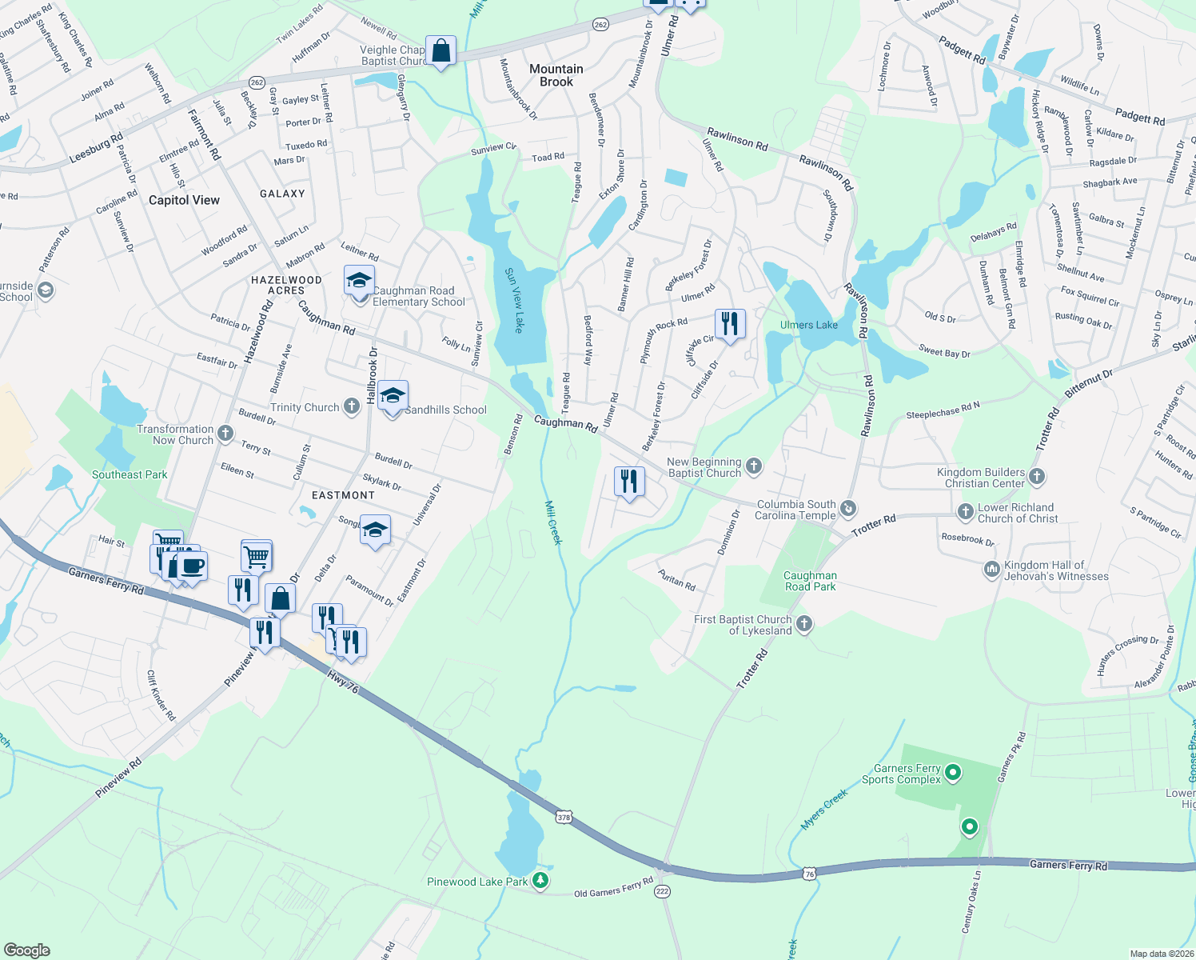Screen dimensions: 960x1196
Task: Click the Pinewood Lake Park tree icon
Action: (541, 881)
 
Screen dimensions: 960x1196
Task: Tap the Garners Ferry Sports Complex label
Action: (901, 774)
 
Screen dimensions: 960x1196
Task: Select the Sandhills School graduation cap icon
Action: (393, 397)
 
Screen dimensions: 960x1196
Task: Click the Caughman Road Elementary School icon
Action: (360, 282)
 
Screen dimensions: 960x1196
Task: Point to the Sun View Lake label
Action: (514, 300)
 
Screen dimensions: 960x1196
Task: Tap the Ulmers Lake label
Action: (809, 325)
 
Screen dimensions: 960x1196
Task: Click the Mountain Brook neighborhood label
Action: (556, 75)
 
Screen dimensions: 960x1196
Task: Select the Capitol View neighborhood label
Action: (184, 200)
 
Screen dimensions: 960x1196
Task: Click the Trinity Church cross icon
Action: (352, 406)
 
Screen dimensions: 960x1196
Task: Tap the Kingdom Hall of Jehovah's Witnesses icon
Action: (992, 570)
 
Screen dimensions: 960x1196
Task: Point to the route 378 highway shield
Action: (564, 817)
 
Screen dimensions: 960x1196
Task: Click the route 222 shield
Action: (662, 890)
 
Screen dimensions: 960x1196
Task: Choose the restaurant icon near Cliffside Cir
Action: (729, 324)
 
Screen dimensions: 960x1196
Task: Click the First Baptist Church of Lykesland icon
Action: (804, 624)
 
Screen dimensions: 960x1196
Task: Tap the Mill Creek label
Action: (553, 522)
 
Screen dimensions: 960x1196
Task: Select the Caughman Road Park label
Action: (810, 581)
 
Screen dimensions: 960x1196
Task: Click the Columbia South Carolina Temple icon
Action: (848, 509)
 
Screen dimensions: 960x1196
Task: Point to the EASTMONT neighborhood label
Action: (343, 495)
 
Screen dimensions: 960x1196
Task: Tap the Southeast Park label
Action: (130, 474)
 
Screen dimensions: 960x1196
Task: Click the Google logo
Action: (26, 950)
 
